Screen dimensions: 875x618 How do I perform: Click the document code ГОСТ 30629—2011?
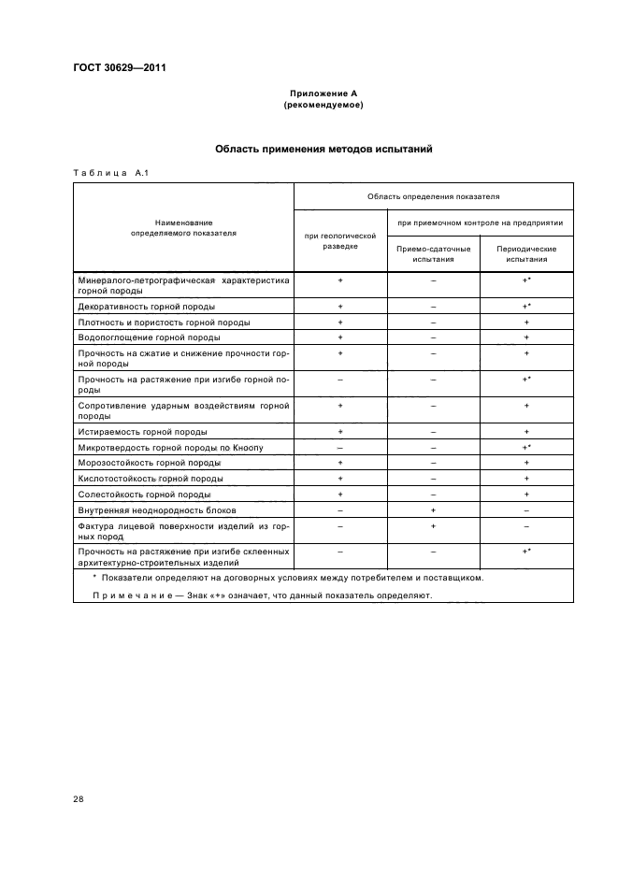[113, 66]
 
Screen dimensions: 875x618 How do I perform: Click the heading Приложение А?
[323, 93]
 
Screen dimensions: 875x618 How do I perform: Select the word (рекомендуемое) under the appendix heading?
[323, 105]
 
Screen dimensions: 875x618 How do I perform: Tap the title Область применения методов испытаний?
[323, 149]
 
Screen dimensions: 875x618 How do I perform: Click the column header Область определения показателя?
[433, 197]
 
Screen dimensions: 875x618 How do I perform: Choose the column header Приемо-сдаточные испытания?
[433, 254]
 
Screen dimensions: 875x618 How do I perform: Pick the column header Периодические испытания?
[526, 254]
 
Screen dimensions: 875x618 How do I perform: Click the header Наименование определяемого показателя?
[183, 227]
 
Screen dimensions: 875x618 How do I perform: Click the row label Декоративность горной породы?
[147, 307]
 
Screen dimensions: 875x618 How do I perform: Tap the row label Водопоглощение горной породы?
[150, 337]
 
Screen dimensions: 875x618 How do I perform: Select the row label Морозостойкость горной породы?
[149, 463]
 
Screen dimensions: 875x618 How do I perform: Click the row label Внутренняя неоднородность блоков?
[156, 510]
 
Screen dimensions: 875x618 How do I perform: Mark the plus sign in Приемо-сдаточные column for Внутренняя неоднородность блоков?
[433, 510]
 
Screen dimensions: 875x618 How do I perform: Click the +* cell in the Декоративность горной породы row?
[526, 307]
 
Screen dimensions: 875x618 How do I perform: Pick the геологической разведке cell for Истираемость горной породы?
[340, 432]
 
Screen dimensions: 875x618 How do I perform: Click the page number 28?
[78, 799]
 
